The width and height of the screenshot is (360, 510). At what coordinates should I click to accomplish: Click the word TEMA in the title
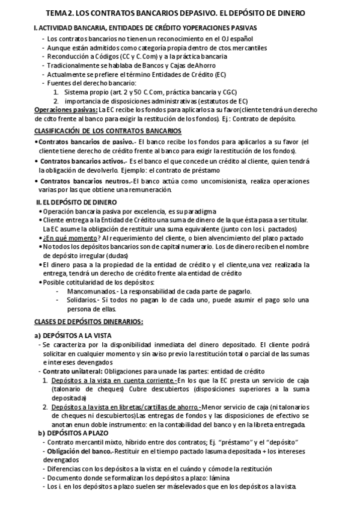(60, 13)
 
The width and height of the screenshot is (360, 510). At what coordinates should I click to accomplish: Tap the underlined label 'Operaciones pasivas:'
(66, 110)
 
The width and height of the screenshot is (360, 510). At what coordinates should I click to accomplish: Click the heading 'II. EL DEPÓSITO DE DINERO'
(77, 203)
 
